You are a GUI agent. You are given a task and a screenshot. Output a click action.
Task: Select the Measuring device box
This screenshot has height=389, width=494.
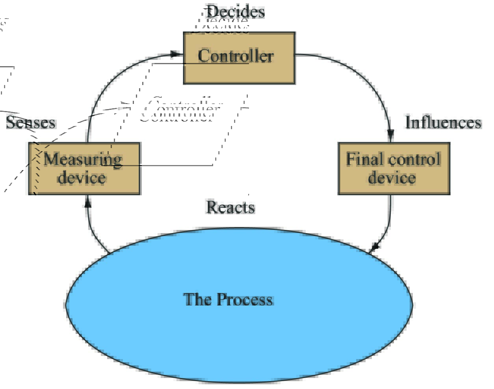click(x=84, y=169)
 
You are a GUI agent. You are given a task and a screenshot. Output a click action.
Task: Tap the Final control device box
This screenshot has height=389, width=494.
click(x=394, y=169)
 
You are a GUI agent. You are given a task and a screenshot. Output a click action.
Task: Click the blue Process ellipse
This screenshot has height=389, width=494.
click(x=239, y=335)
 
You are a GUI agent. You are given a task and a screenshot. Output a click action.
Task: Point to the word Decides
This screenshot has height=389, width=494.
click(x=236, y=11)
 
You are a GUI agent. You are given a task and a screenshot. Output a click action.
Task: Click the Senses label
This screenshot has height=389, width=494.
click(x=31, y=122)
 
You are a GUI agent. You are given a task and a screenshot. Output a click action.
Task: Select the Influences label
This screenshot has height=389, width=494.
click(x=443, y=122)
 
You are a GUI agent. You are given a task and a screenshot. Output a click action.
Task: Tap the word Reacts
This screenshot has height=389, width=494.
click(x=230, y=207)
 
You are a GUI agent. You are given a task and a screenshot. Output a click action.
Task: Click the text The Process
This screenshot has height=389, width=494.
click(x=228, y=300)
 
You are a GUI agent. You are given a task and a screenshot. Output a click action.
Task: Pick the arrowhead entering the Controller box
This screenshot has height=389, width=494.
click(x=176, y=54)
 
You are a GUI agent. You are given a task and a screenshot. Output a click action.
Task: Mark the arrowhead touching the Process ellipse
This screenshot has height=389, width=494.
click(x=374, y=247)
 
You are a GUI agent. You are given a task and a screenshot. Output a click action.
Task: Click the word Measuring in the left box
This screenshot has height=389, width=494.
click(x=83, y=159)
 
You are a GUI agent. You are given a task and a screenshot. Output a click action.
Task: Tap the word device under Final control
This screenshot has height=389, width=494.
click(x=392, y=178)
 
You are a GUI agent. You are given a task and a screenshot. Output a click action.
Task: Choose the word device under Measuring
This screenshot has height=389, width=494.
click(x=82, y=178)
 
